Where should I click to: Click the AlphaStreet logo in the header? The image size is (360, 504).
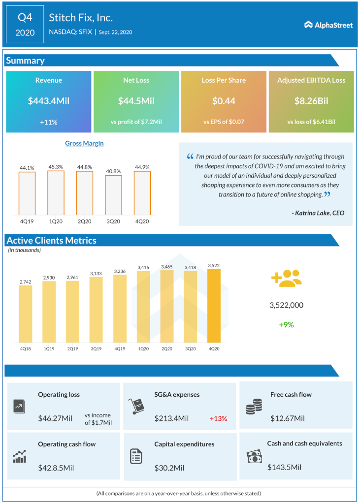pos(328,25)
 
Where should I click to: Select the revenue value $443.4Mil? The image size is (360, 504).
pos(49,101)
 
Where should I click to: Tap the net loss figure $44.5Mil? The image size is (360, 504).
pos(136,101)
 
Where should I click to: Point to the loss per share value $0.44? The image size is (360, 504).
pos(224,101)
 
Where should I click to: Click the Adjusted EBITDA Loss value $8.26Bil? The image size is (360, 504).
pos(311,101)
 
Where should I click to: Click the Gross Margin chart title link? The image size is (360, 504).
pos(84,143)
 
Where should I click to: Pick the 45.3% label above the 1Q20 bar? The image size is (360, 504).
pos(56,167)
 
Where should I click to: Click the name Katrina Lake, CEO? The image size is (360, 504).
pos(318,213)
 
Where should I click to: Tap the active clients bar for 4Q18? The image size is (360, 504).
pos(26,314)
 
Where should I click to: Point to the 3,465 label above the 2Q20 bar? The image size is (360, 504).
pos(167,266)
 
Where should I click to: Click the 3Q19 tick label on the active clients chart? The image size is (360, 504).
pos(96,348)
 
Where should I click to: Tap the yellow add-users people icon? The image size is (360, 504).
pos(286,278)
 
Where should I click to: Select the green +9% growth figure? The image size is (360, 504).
pos(286,324)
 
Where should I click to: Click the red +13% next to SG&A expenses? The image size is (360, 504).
pos(218,418)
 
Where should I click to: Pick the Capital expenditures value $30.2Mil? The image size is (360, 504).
pos(171,466)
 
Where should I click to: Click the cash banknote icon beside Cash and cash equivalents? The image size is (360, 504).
pos(254,457)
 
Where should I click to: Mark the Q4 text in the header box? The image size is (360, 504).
pos(25,18)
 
